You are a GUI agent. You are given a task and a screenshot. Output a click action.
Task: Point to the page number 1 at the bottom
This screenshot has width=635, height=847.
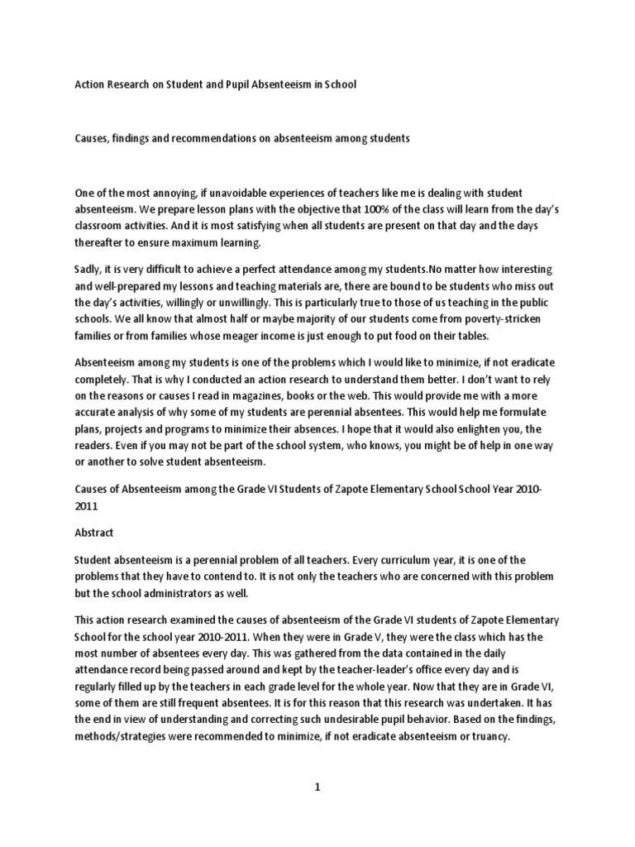(316, 787)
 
